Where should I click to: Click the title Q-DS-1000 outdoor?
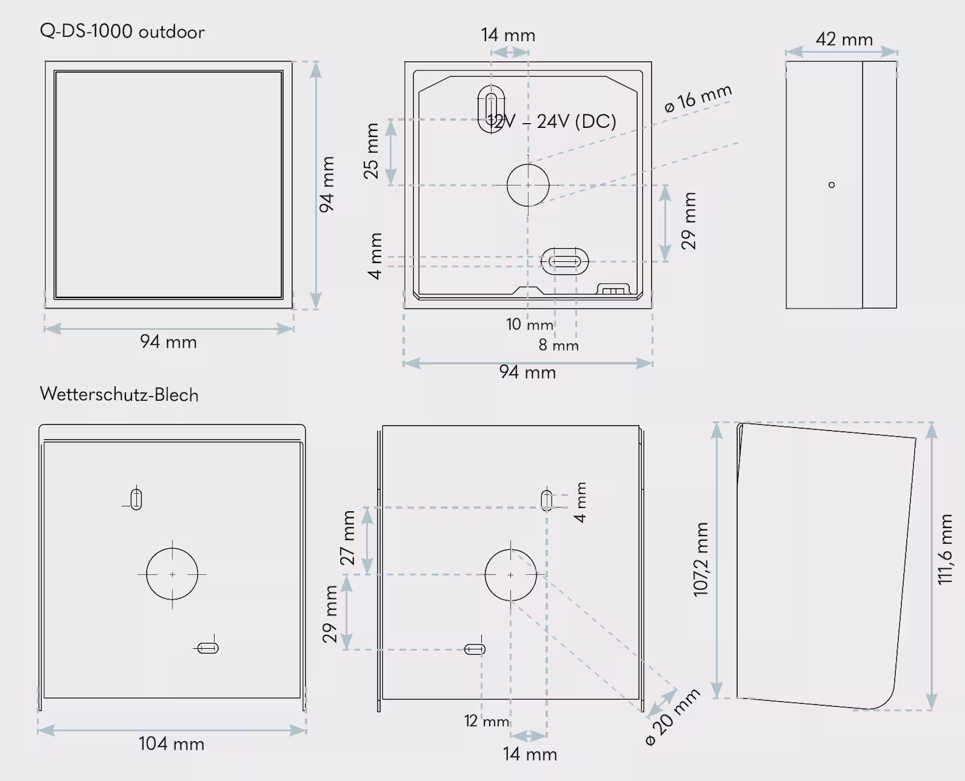[x=122, y=31]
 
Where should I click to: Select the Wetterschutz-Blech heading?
[x=119, y=394]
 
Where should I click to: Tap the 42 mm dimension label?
[x=844, y=39]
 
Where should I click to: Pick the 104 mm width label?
[x=171, y=744]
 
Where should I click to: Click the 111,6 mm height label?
[x=944, y=549]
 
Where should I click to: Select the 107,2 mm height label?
[x=700, y=559]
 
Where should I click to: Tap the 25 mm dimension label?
[x=371, y=151]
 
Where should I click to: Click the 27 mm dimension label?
[x=347, y=538]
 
